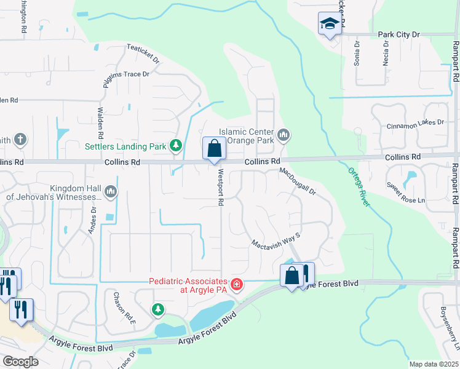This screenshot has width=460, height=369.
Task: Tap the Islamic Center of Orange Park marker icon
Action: point(284,134)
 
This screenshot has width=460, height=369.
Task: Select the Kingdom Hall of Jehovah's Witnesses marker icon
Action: point(111,192)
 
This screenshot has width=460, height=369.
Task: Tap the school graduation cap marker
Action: point(330,25)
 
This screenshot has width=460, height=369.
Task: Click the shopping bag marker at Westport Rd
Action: point(214,149)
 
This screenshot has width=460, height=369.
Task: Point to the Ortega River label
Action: point(359,187)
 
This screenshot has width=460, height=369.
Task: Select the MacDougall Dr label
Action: point(298,182)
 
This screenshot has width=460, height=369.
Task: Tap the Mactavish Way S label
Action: point(275,240)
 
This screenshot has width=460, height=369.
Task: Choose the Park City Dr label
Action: point(399,34)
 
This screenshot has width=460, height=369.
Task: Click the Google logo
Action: point(20,362)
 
